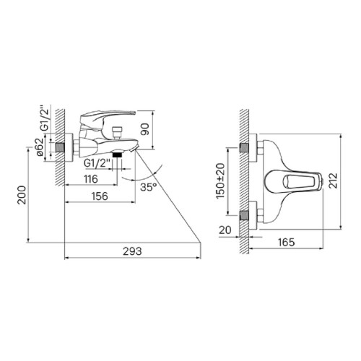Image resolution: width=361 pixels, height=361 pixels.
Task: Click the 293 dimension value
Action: point(132,251)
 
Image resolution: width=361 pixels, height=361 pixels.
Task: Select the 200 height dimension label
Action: point(22,195)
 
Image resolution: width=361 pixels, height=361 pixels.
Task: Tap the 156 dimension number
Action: point(100,196)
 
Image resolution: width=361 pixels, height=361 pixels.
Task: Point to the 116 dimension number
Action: point(91,179)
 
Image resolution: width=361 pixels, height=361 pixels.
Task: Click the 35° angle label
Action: point(149,187)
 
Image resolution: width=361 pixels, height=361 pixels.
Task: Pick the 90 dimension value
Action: point(145,129)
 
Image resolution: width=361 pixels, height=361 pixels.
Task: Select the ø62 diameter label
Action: point(40,147)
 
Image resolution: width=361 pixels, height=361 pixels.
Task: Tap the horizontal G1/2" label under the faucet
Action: point(97,163)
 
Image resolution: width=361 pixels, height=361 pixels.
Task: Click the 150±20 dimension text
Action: point(220,180)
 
